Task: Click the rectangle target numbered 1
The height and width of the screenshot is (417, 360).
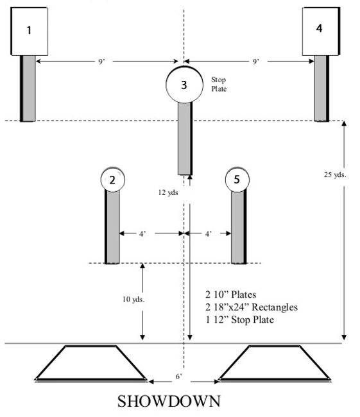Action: [x=30, y=31]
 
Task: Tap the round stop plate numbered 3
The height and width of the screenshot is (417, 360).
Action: [x=184, y=85]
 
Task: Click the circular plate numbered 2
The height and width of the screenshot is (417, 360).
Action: [x=112, y=180]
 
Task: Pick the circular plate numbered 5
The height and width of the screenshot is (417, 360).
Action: [x=237, y=180]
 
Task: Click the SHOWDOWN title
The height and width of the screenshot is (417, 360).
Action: [x=169, y=402]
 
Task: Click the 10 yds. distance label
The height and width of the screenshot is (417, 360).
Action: [x=133, y=299]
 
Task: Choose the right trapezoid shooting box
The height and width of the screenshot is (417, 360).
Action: [x=273, y=364]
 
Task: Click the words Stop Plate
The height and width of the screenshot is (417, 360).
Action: [x=219, y=85]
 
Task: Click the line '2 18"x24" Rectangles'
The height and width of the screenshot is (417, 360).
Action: [x=252, y=307]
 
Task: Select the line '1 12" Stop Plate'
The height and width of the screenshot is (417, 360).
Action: [x=240, y=319]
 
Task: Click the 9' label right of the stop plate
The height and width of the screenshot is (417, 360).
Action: [x=256, y=62]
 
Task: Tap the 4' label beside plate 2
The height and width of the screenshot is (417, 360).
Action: [x=141, y=234]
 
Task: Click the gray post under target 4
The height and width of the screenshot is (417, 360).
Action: [x=321, y=88]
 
